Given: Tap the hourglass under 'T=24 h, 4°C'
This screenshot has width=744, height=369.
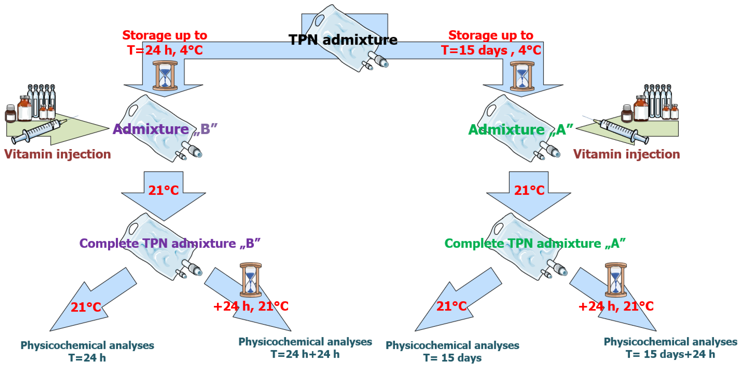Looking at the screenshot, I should pyautogui.click(x=165, y=76).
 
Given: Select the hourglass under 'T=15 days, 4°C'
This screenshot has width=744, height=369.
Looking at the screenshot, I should pyautogui.click(x=522, y=76).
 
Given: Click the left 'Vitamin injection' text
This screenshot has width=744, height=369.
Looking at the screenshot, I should pyautogui.click(x=58, y=154).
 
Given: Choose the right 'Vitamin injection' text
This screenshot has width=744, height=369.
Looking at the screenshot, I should pyautogui.click(x=626, y=154).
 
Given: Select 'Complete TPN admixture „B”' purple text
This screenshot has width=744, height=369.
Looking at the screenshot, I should pyautogui.click(x=170, y=243).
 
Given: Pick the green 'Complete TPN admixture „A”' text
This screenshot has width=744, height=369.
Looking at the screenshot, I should pyautogui.click(x=535, y=243).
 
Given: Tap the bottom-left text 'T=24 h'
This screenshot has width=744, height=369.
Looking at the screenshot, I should pyautogui.click(x=87, y=358).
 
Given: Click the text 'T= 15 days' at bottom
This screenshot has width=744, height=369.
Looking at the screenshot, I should pyautogui.click(x=452, y=358).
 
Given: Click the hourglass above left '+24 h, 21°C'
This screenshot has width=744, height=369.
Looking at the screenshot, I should pyautogui.click(x=250, y=279).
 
